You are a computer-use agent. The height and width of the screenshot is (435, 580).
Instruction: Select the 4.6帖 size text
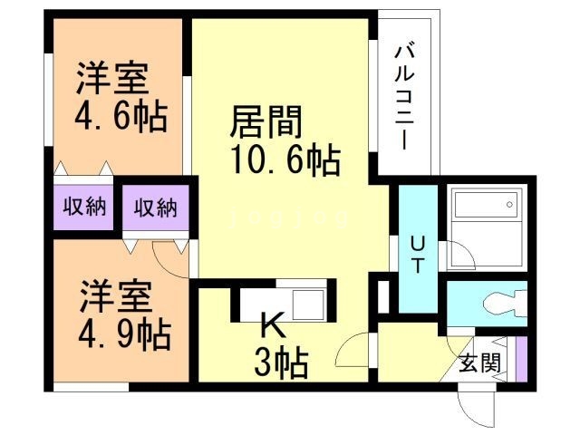click(x=114, y=118)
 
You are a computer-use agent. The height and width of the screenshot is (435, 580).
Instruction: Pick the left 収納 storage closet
click(x=84, y=207)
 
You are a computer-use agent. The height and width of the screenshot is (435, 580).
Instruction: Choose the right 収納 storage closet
click(x=156, y=207)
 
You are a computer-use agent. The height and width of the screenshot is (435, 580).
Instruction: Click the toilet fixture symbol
click(x=498, y=300)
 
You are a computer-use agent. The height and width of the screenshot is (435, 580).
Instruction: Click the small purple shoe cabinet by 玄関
click(x=519, y=358)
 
